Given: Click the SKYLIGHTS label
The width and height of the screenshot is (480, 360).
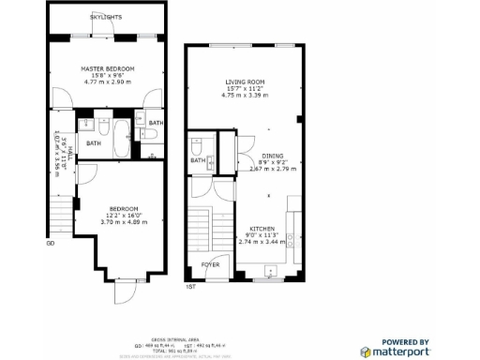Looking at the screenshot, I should (x=105, y=18).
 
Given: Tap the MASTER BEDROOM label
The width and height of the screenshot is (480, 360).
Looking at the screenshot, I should (x=107, y=68).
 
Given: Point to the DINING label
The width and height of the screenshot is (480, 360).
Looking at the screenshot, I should (x=273, y=156).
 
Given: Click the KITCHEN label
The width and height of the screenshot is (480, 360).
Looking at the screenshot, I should (x=262, y=229).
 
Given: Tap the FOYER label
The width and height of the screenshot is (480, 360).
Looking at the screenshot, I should (x=211, y=265).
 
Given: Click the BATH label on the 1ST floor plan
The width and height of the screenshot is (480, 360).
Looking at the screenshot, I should (x=198, y=160).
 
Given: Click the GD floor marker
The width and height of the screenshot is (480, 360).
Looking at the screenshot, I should (x=50, y=246).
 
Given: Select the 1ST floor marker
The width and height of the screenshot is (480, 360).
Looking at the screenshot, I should (x=190, y=286).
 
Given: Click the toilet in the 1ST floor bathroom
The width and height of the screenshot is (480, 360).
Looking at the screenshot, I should (x=197, y=146).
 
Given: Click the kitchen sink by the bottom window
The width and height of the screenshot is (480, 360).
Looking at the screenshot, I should (x=270, y=275).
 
